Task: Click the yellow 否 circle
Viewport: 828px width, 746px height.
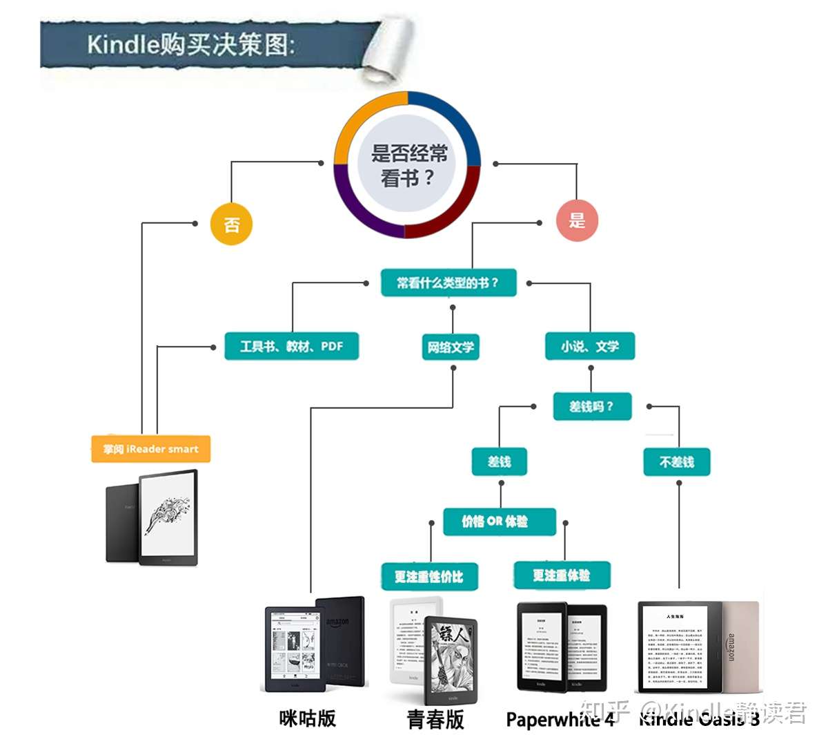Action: pos(231,224)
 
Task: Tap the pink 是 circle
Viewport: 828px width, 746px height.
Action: pos(577,221)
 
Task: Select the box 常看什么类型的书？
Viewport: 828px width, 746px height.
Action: pos(448,283)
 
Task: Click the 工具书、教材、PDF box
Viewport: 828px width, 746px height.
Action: pos(291,346)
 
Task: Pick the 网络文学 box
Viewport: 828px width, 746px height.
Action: pos(451,347)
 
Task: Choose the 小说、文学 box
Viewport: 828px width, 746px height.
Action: pos(590,346)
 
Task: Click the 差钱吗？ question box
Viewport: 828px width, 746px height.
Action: pos(592,406)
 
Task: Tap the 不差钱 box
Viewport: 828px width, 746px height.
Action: pos(677,461)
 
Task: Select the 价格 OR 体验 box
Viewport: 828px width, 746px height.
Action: pos(499,522)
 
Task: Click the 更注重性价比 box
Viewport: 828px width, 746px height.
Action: pos(429,576)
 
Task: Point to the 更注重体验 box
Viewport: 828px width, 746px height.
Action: pos(562,575)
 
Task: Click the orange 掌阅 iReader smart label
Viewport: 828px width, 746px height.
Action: pos(150,449)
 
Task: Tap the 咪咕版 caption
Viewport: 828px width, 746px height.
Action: pos(308,718)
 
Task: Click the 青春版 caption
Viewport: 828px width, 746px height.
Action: pos(435,720)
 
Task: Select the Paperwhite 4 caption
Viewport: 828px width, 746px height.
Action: pos(560,720)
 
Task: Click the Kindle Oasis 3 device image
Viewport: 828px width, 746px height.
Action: pos(698,646)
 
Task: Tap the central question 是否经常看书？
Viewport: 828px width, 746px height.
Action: pos(408,165)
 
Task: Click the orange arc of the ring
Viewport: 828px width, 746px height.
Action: pos(362,118)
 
